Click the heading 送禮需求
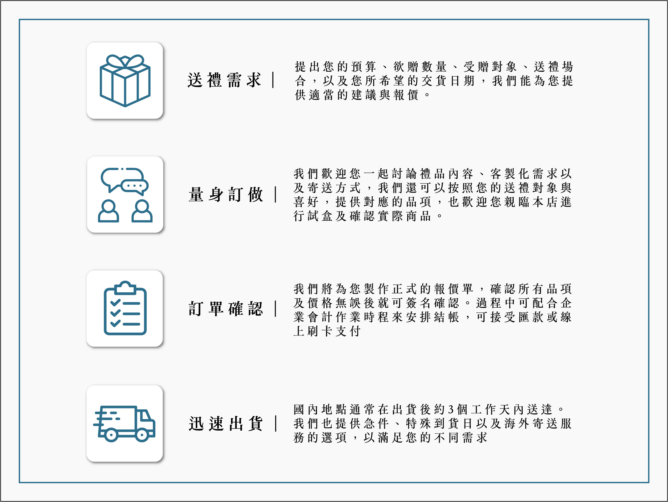click(x=224, y=80)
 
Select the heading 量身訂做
click(x=225, y=195)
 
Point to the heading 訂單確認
click(x=225, y=309)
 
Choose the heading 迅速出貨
click(x=225, y=424)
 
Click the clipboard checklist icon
click(x=125, y=308)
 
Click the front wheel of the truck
click(x=142, y=435)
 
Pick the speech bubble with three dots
click(x=134, y=186)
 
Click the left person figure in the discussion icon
click(x=108, y=211)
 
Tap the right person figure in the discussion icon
click(x=142, y=211)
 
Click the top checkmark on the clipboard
click(x=115, y=303)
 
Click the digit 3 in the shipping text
click(x=450, y=409)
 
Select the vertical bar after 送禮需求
click(x=273, y=80)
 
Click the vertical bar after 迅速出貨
click(x=276, y=423)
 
